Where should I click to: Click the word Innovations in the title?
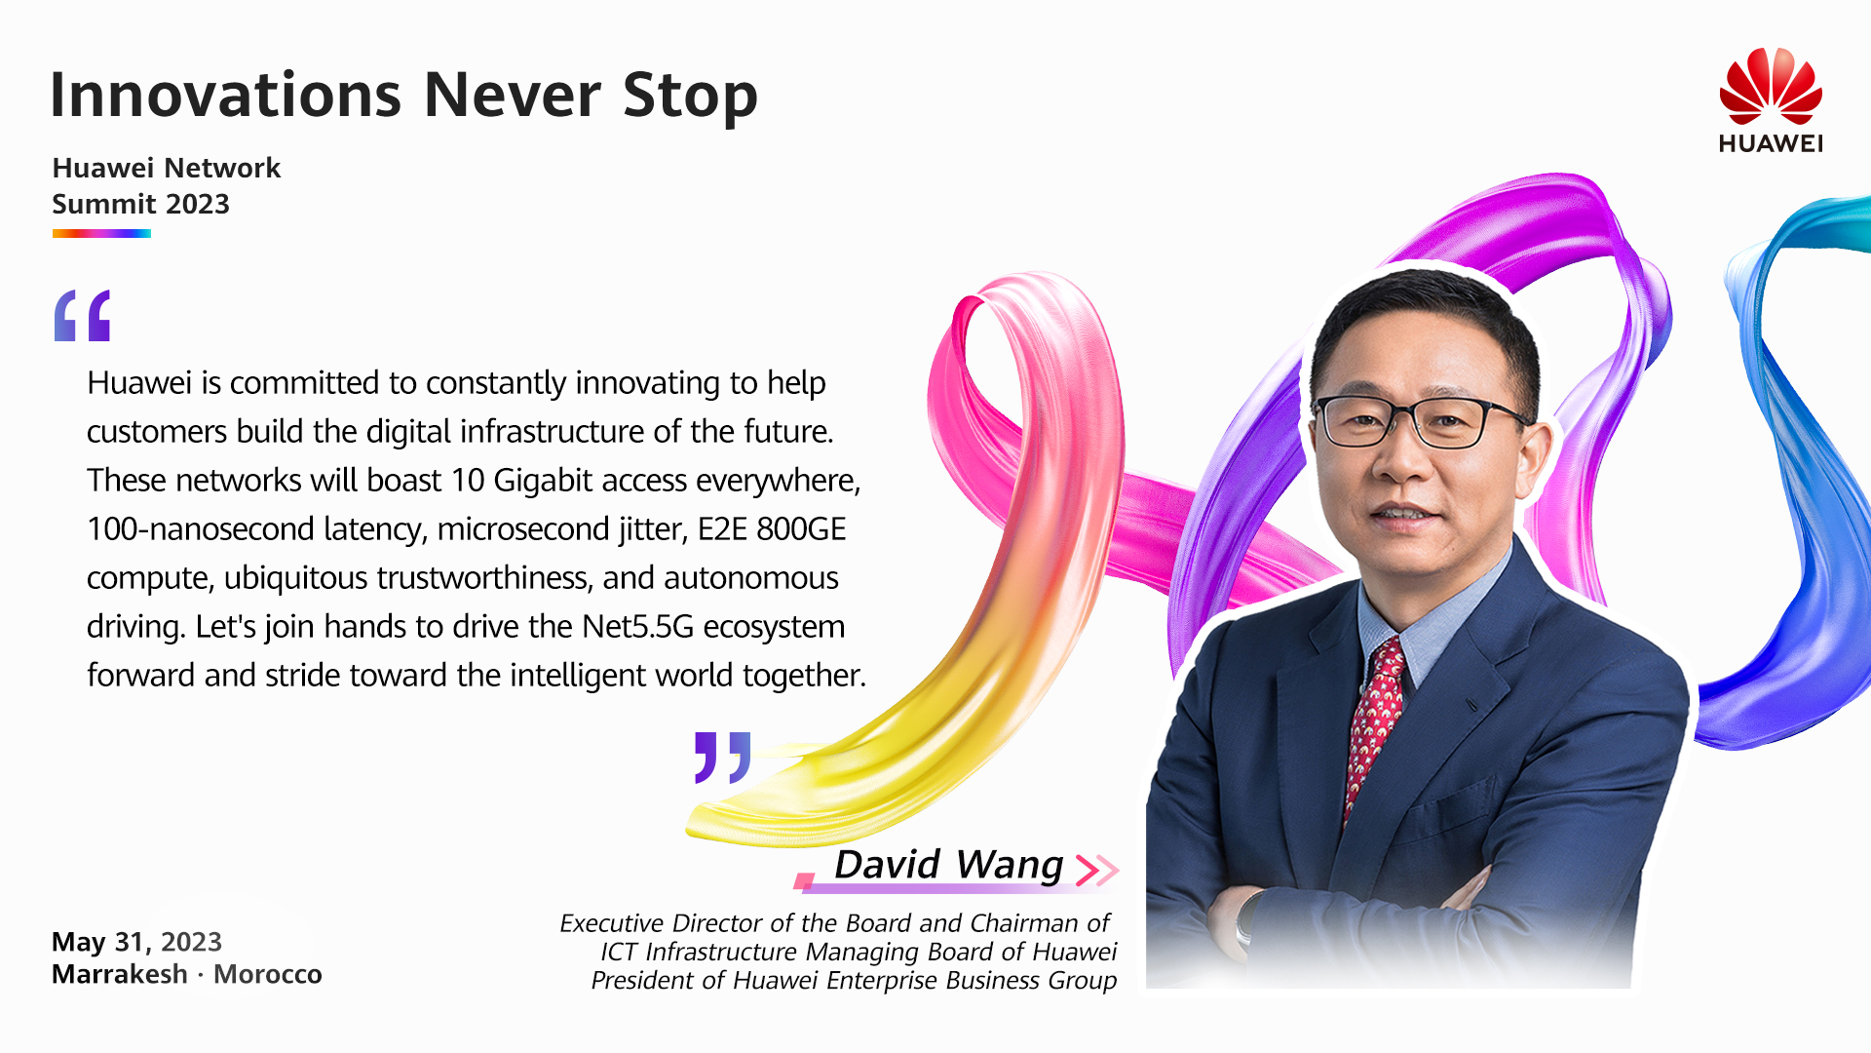[x=225, y=95]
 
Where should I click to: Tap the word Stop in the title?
[x=690, y=97]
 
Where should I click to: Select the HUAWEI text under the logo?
[x=1771, y=143]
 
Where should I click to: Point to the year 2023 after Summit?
[x=198, y=204]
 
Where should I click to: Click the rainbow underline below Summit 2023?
[x=101, y=233]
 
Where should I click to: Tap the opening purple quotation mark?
[x=82, y=316]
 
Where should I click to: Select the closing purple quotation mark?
[x=722, y=758]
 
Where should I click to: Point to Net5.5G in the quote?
[x=637, y=626]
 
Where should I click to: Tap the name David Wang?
[x=948, y=865]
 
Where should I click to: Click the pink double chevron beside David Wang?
[x=1096, y=869]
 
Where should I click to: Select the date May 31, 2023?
[x=136, y=942]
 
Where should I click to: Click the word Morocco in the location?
[x=268, y=974]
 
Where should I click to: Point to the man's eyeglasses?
[x=1422, y=420]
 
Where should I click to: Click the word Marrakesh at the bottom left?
[x=120, y=974]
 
